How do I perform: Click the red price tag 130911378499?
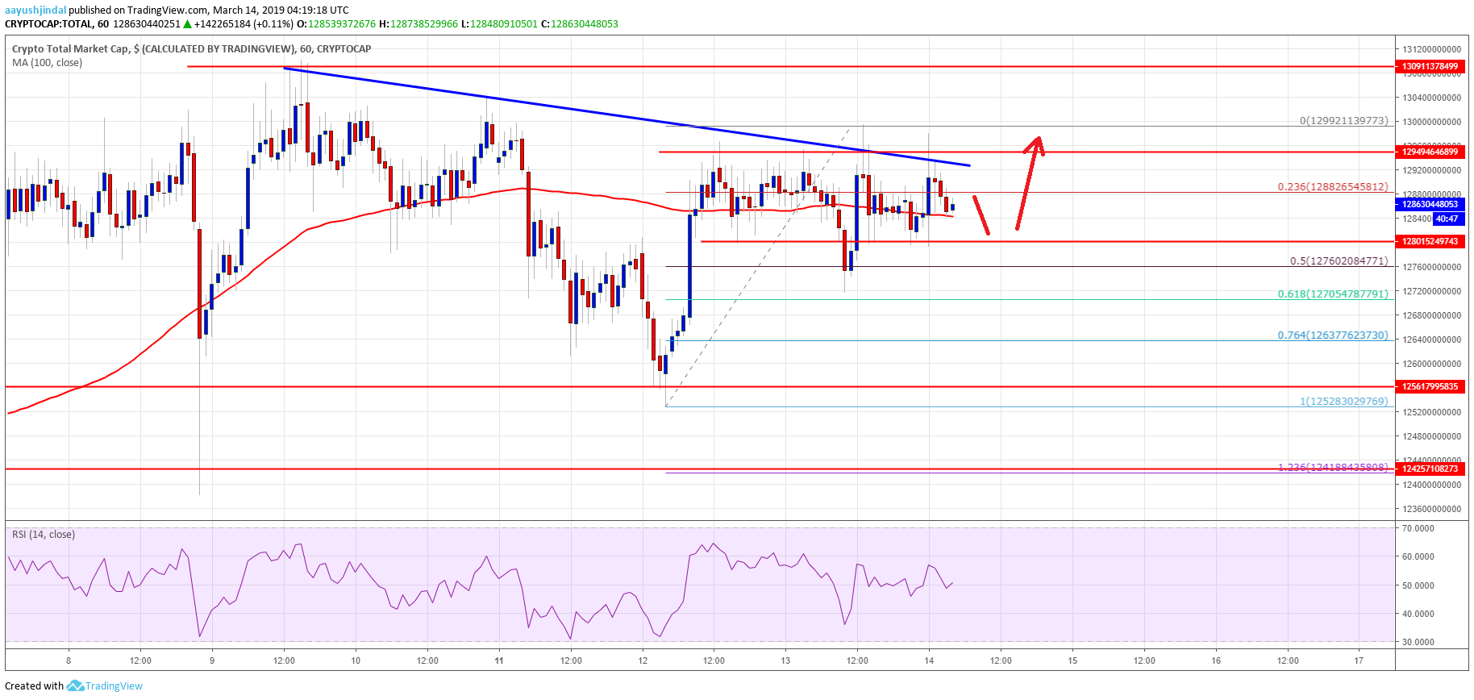[x=1430, y=66]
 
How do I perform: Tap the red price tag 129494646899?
[x=1430, y=152]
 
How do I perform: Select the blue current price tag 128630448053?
[x=1430, y=205]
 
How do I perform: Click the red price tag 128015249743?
[x=1430, y=241]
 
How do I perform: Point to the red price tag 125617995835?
[x=1430, y=386]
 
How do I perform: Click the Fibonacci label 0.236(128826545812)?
[x=1332, y=186]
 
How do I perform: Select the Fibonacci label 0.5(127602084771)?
[x=1339, y=260]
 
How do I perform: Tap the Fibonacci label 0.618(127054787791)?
[x=1332, y=294]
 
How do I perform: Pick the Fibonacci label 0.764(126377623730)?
[x=1332, y=335]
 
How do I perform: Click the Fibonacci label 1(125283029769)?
[x=1343, y=401]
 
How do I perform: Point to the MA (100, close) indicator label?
[x=47, y=62]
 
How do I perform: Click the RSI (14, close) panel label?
[x=44, y=534]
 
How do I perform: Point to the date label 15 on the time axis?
[x=1072, y=660]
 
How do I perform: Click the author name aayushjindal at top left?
[x=35, y=10]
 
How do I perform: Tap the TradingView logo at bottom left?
[x=105, y=685]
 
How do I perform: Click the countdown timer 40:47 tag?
[x=1447, y=219]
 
